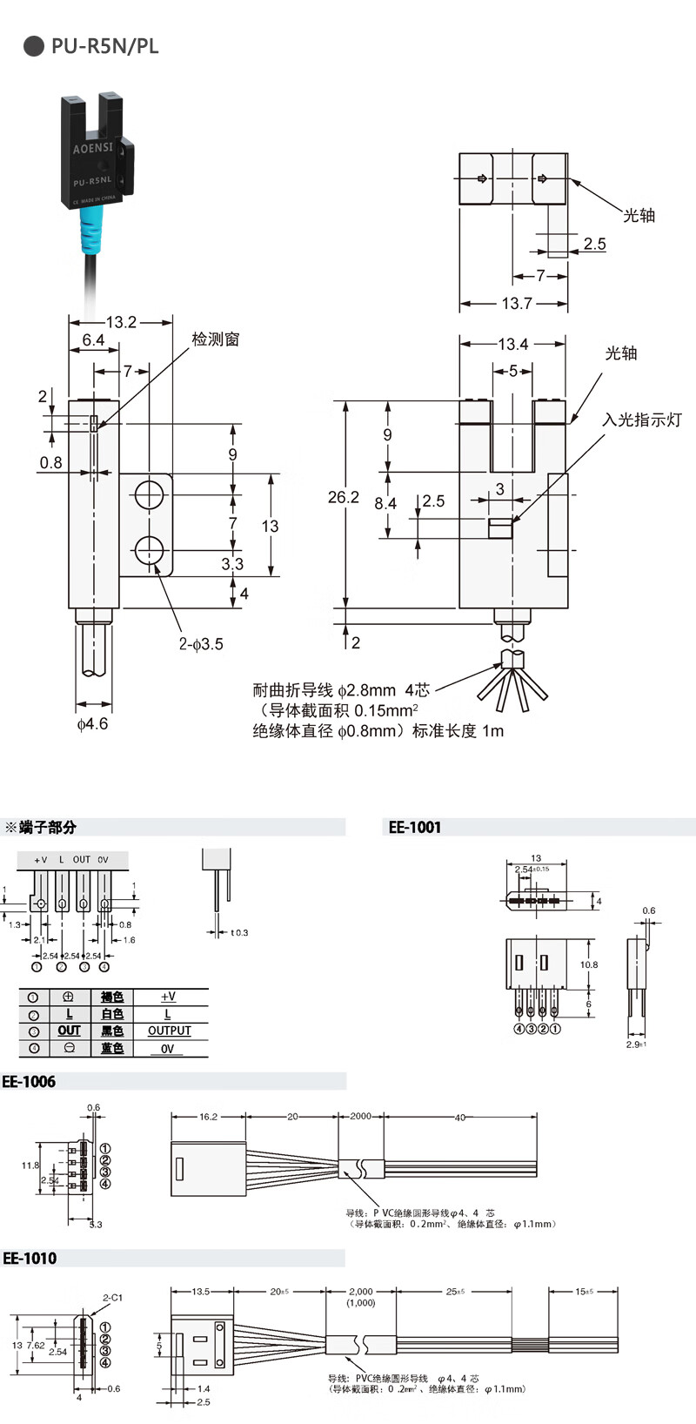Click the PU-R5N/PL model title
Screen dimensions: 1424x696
coord(104,46)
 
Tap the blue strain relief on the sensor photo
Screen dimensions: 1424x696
coord(91,232)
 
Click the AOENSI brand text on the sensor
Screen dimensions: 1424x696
coord(92,148)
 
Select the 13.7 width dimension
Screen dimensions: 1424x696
coord(517,303)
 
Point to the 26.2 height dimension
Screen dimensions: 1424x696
coord(343,497)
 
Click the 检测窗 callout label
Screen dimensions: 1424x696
coord(216,339)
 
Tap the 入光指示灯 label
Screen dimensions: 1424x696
coord(642,420)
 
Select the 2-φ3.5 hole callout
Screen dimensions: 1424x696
coord(201,644)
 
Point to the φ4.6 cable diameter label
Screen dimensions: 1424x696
coord(92,723)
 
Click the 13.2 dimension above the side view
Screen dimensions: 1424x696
coord(121,322)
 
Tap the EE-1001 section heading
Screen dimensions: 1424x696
coord(415,827)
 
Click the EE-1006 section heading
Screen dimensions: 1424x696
coord(29,1081)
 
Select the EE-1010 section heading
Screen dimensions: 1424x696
coord(30,1258)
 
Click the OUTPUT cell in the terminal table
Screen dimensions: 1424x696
coord(169,1031)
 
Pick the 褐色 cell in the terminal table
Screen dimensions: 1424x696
coord(112,997)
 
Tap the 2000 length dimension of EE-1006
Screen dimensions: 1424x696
coord(360,1116)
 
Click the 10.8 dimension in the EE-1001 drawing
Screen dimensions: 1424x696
coord(589,964)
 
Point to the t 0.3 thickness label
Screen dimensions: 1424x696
coord(239,932)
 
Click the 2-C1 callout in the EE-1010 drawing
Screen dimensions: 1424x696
coord(112,1298)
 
